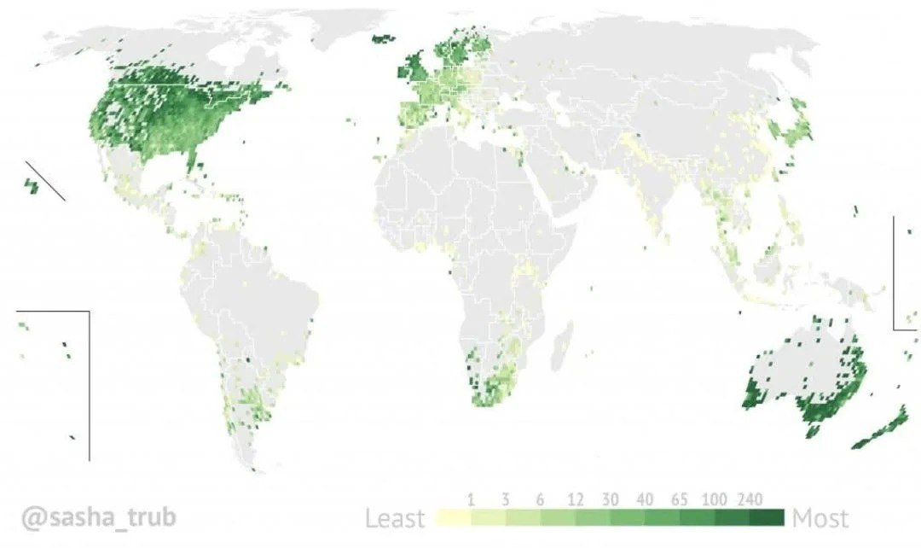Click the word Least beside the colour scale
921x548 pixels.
coord(396,518)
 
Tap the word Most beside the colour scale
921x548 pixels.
coord(820,518)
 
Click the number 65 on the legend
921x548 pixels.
coord(680,499)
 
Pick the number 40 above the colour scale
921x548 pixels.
coord(644,499)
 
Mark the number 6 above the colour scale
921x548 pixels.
coord(541,499)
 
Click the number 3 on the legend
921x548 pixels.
coord(506,499)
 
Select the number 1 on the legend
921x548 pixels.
coord(471,499)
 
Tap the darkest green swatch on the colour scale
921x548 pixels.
coord(767,517)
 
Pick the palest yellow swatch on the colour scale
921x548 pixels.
coord(453,517)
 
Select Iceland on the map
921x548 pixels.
coord(385,38)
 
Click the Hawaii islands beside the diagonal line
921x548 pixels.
coord(32,184)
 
